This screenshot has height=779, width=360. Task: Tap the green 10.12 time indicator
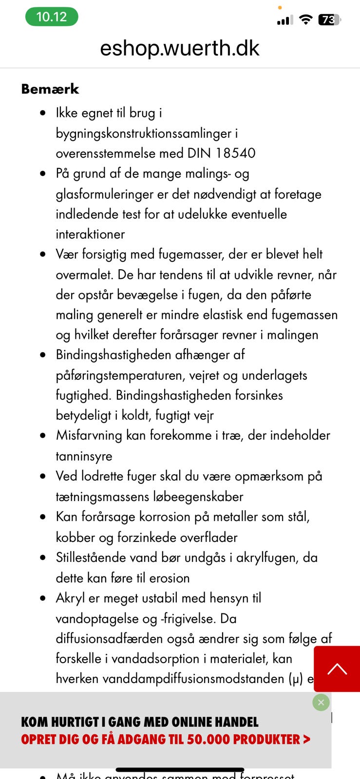click(52, 17)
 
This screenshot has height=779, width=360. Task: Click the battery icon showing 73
click(329, 19)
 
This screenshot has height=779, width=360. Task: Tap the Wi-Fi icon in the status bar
click(305, 19)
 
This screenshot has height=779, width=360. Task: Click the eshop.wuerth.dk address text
click(180, 48)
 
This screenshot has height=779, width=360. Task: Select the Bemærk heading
click(50, 89)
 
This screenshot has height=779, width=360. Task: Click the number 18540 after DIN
click(235, 153)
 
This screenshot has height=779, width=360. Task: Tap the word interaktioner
click(90, 234)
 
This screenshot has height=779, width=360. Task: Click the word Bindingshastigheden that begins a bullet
click(114, 355)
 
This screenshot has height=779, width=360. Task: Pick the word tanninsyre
click(84, 456)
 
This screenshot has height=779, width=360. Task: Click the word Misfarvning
click(89, 435)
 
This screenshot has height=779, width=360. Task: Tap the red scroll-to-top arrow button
click(337, 669)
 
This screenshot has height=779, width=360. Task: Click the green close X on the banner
click(321, 703)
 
